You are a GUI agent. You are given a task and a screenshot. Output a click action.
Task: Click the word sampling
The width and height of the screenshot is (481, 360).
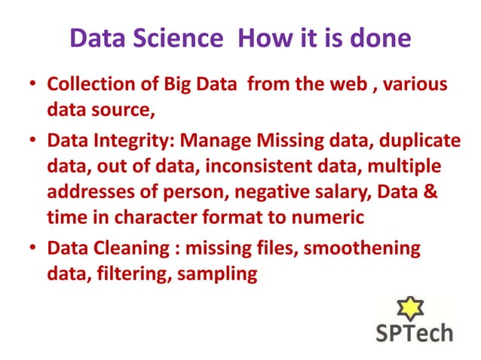[217, 274]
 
